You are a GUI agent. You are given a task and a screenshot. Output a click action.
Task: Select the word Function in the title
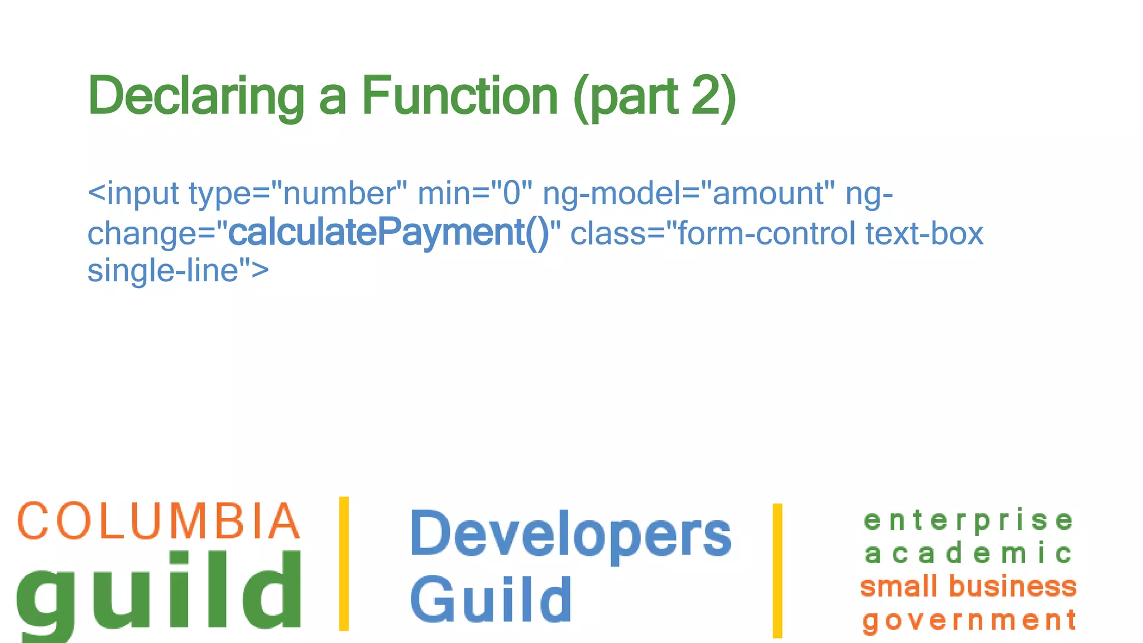[x=459, y=96]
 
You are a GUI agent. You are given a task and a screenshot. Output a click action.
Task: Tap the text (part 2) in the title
[x=654, y=96]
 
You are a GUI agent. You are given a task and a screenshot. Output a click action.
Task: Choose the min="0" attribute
[x=474, y=193]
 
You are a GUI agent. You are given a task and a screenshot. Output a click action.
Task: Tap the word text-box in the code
[x=924, y=233]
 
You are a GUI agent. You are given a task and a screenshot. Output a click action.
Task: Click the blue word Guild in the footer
[x=491, y=599]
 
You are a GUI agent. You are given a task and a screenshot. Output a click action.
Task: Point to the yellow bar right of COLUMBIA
[x=344, y=564]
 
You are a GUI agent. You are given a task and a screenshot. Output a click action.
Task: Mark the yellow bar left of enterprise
[x=777, y=570]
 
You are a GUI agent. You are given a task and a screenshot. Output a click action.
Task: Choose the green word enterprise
[x=968, y=520]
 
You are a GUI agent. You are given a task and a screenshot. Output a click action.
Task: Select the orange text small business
[x=968, y=587]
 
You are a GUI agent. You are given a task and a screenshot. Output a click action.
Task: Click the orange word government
[x=969, y=620]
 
